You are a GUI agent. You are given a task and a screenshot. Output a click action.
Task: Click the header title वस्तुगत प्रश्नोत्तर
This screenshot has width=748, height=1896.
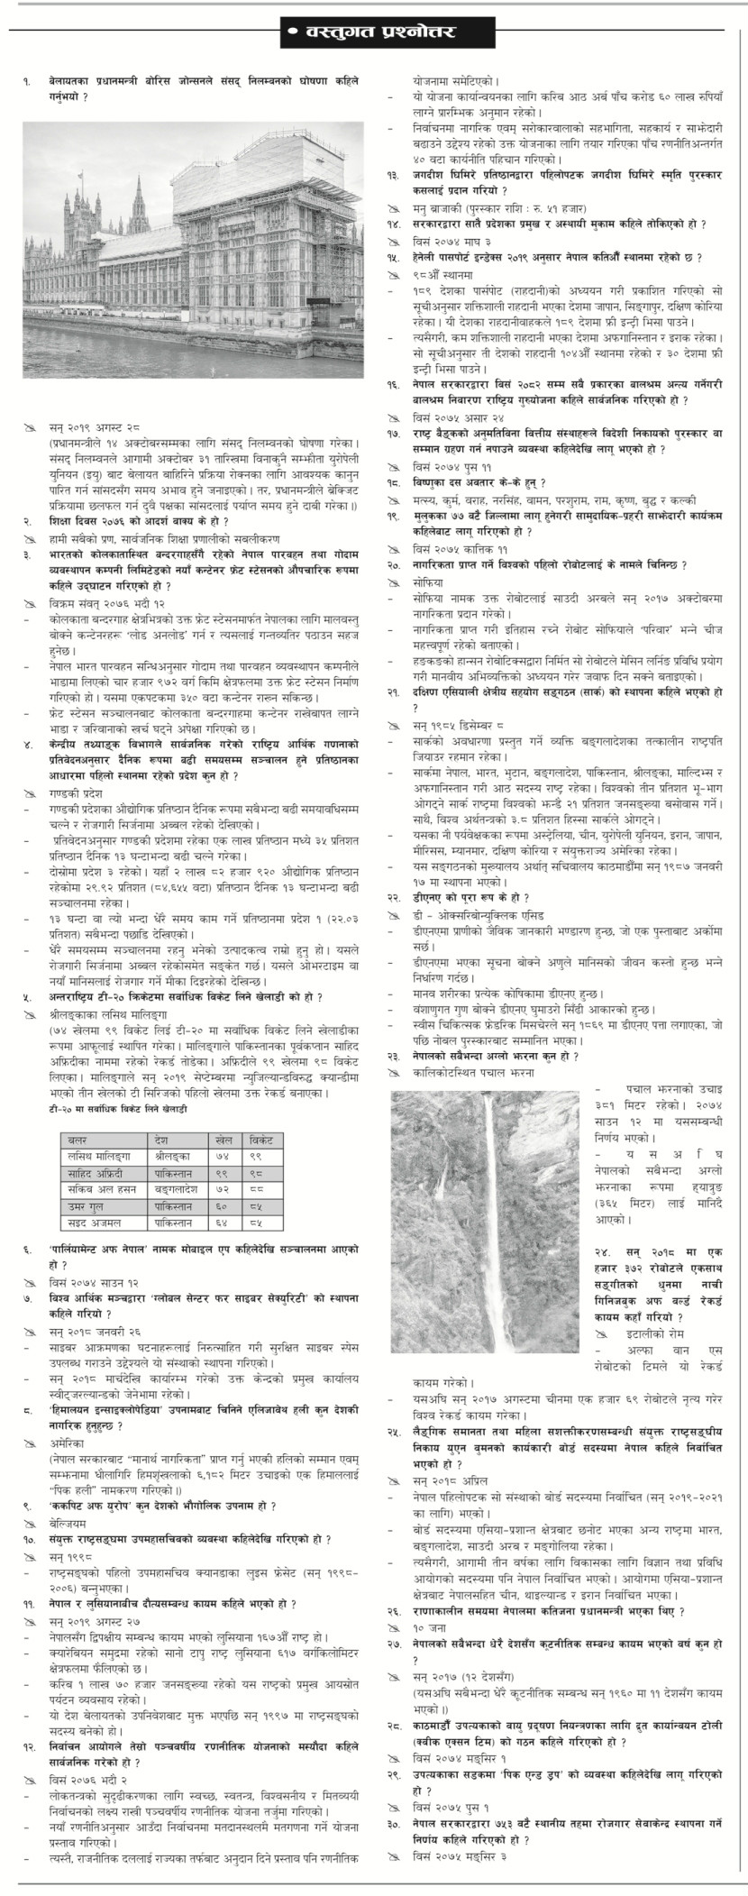click(x=374, y=34)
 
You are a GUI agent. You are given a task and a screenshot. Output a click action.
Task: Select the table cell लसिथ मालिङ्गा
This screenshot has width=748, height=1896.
click(x=99, y=1157)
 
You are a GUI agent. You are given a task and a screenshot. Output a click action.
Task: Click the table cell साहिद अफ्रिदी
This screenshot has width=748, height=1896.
click(x=97, y=1173)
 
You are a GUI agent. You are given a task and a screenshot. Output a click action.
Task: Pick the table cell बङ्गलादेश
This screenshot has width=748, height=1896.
click(x=175, y=1189)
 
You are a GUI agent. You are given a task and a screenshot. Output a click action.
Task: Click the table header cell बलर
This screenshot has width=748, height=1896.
click(x=78, y=1140)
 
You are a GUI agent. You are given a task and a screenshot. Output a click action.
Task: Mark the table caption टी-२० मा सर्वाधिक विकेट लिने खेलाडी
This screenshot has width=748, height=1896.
click(x=118, y=1106)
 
